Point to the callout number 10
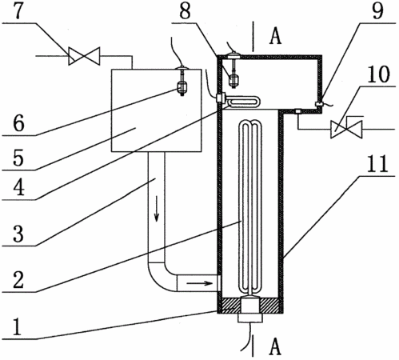click(379, 74)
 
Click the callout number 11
click(379, 163)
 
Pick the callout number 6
click(18, 123)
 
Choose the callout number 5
click(18, 158)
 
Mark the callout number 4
click(18, 187)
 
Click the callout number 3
click(18, 234)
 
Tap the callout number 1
click(17, 326)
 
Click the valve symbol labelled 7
click(84, 56)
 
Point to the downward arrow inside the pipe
click(157, 209)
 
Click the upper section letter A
click(275, 36)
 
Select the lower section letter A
click(275, 346)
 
